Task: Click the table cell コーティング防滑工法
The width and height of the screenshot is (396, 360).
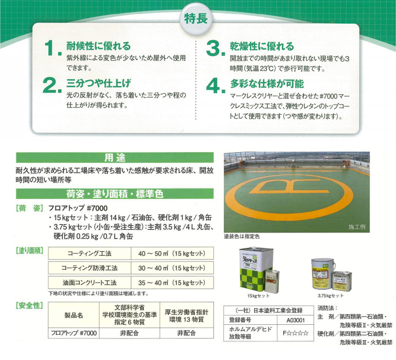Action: [90, 268]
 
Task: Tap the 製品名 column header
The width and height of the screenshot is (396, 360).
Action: [73, 316]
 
